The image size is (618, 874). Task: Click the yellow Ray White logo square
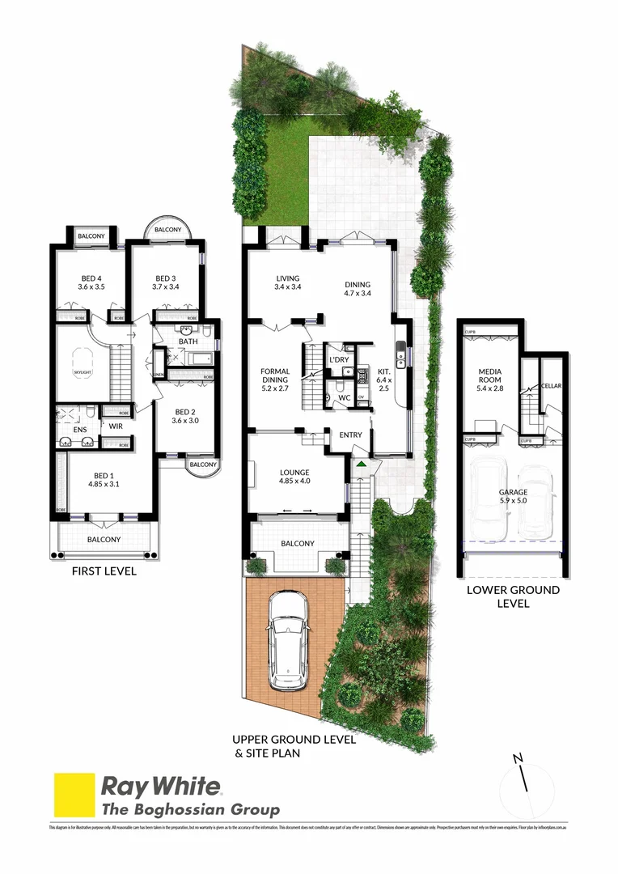74,795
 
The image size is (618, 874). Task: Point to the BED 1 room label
102,475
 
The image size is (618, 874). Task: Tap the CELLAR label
552,386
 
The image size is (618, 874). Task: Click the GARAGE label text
513,492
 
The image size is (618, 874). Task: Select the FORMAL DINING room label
275,372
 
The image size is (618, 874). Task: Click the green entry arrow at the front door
361,464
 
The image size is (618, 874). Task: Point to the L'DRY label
338,359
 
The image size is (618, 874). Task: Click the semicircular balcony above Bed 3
168,229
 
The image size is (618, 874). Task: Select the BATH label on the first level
188,342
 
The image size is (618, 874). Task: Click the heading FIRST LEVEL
104,571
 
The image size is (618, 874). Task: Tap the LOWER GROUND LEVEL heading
513,596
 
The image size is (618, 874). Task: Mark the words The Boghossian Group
190,809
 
